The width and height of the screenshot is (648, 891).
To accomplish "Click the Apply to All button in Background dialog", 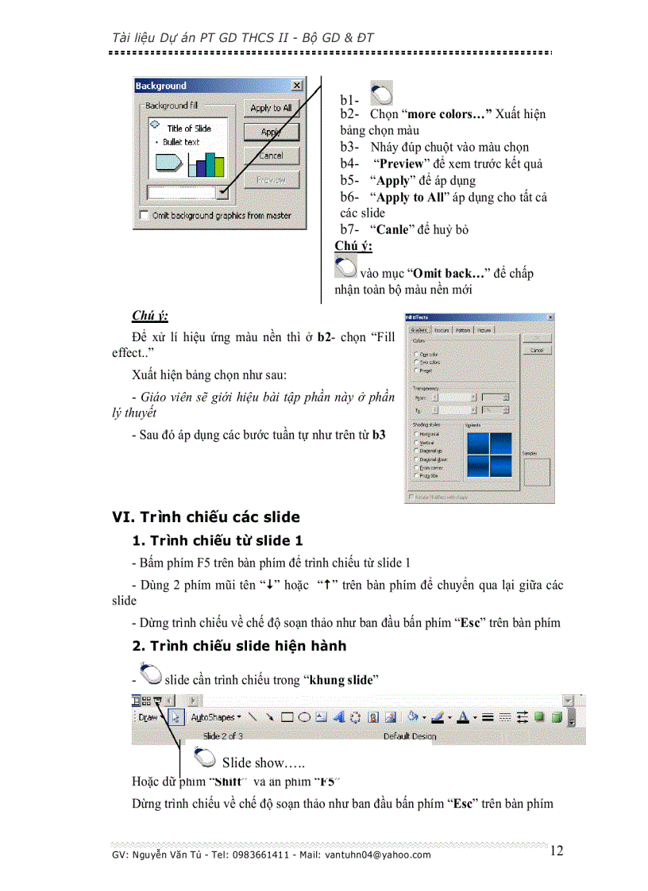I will pos(271,108).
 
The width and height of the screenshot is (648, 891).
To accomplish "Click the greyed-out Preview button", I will pos(271,180).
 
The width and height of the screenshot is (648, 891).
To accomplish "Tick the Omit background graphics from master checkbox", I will pos(144,215).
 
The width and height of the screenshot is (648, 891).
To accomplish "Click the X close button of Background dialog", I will pos(297,86).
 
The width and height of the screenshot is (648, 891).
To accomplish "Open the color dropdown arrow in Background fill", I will pos(224,192).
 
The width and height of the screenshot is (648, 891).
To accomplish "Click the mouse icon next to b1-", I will pos(381,94).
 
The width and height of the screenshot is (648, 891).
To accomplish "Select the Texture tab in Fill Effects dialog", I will pos(442,330).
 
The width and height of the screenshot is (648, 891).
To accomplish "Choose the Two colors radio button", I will pos(417,362).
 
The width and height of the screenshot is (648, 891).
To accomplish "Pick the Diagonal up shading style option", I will pos(417,451).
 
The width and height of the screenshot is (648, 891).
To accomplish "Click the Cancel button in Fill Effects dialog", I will pos(537,350).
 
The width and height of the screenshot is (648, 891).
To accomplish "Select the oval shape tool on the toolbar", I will pos(304,717).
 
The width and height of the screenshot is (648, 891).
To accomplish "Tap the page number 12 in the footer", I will pos(557,851).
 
